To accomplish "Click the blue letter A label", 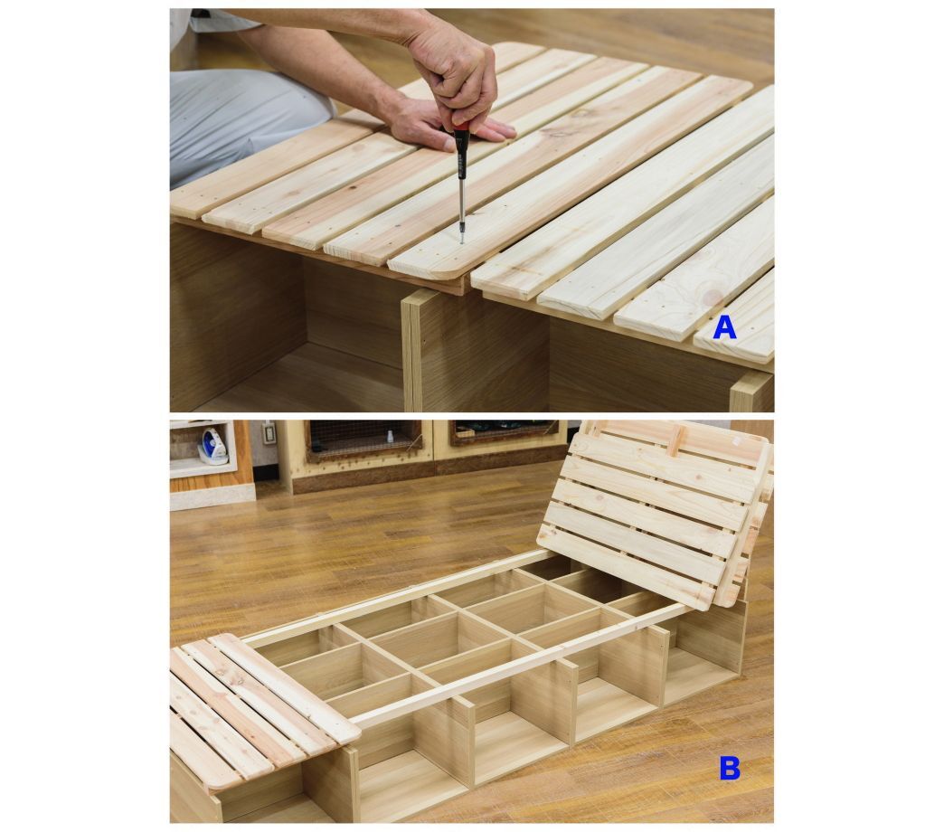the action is pyautogui.click(x=724, y=328).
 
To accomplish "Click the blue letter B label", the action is pyautogui.click(x=730, y=768).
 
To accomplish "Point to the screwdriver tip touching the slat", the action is pyautogui.click(x=462, y=241).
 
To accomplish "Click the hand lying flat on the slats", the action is pyautogui.click(x=446, y=123).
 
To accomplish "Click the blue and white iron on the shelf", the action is pyautogui.click(x=213, y=446).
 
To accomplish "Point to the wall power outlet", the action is pyautogui.click(x=269, y=433).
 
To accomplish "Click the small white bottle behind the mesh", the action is pyautogui.click(x=392, y=435).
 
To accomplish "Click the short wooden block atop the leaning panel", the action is pyautogui.click(x=677, y=440).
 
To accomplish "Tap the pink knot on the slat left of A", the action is pyautogui.click(x=713, y=297).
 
